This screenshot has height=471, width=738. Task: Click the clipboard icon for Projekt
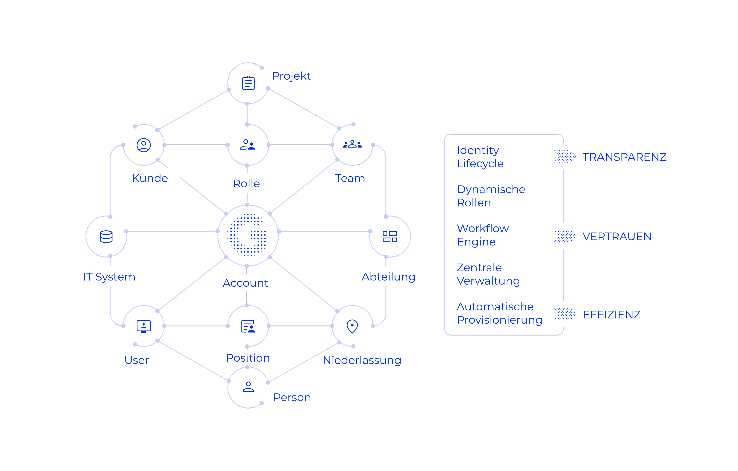click(248, 83)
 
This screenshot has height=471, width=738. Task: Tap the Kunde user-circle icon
click(143, 145)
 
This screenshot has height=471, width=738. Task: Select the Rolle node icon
click(248, 145)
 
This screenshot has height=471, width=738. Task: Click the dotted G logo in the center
click(248, 235)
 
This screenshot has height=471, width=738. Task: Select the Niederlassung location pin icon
click(352, 326)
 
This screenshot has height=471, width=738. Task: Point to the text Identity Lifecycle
click(480, 157)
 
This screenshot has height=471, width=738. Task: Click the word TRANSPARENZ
click(624, 157)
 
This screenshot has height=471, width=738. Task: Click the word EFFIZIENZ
click(611, 315)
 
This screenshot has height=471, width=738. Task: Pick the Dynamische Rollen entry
click(491, 196)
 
